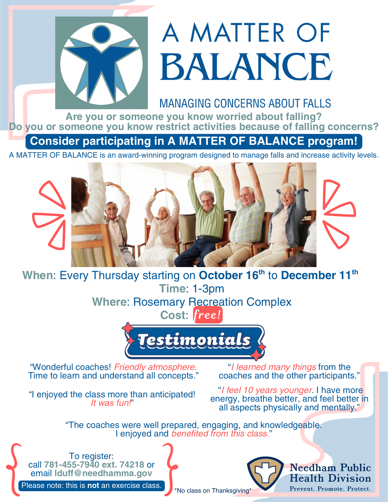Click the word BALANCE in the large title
point(247,67)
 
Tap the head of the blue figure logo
point(101,34)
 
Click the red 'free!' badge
point(208,315)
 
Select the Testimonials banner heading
point(195,341)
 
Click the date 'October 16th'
point(231,275)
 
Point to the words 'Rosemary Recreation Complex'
point(212,302)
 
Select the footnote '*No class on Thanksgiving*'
point(213,490)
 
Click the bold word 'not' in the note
point(93,485)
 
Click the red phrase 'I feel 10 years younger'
point(266,390)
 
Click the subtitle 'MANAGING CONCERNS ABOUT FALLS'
point(245,103)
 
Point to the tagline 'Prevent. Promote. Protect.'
point(330,489)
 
